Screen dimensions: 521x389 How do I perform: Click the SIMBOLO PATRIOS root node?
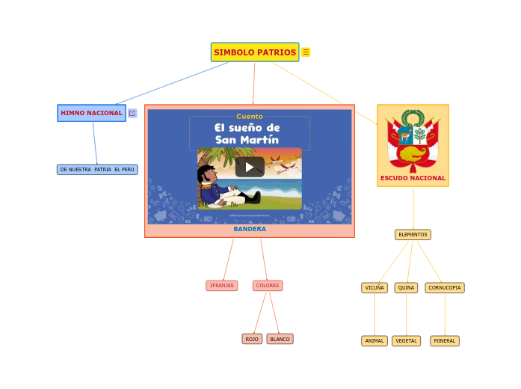pyautogui.click(x=255, y=52)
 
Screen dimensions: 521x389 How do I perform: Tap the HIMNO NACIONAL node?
pyautogui.click(x=91, y=113)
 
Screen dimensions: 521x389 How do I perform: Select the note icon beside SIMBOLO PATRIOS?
pyautogui.click(x=306, y=52)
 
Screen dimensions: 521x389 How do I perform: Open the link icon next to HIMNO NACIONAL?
pyautogui.click(x=132, y=113)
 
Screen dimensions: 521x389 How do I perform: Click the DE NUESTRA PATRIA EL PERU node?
pyautogui.click(x=97, y=170)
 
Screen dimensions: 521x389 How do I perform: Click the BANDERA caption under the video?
pyautogui.click(x=250, y=229)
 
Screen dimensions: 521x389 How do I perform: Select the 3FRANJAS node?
pyautogui.click(x=221, y=286)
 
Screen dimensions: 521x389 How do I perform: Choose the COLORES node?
pyautogui.click(x=267, y=286)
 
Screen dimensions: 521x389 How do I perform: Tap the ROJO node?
pyautogui.click(x=252, y=339)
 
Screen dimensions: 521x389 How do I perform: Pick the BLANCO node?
pyautogui.click(x=280, y=339)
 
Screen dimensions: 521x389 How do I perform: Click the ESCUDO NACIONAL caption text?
pyautogui.click(x=413, y=178)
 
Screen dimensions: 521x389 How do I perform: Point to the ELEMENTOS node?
pyautogui.click(x=413, y=235)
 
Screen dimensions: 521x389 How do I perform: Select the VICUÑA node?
pyautogui.click(x=374, y=288)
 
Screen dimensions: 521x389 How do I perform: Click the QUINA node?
pyautogui.click(x=406, y=288)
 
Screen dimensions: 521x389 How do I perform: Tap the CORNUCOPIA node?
pyautogui.click(x=445, y=288)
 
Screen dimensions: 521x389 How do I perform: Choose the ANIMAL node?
pyautogui.click(x=374, y=341)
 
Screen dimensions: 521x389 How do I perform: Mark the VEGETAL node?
pyautogui.click(x=406, y=341)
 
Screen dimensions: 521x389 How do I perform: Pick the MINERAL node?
pyautogui.click(x=445, y=341)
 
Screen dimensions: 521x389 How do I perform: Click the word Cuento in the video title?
pyautogui.click(x=250, y=117)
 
